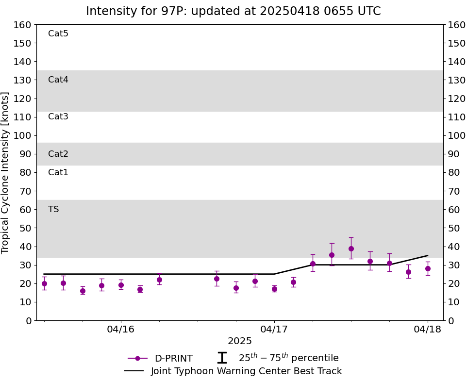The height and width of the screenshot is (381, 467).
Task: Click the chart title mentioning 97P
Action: click(233, 11)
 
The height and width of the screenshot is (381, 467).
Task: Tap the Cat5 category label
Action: click(58, 33)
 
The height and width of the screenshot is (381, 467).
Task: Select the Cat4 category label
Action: click(58, 80)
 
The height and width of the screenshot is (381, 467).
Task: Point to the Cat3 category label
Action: click(58, 116)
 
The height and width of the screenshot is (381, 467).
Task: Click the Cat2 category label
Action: click(58, 154)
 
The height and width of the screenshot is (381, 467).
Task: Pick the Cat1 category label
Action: click(58, 172)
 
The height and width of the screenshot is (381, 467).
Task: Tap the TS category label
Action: click(53, 209)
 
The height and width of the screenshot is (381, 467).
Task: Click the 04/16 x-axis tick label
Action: click(121, 330)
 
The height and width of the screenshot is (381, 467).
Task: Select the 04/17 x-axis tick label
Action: click(274, 330)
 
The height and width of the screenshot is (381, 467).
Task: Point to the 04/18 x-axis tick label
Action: click(428, 330)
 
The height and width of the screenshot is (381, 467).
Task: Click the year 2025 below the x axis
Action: click(240, 341)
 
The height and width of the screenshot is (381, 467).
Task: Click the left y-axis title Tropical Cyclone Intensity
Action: click(6, 172)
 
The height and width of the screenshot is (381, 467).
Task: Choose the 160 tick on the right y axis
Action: click(457, 25)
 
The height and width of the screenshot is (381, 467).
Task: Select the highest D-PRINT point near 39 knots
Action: click(351, 248)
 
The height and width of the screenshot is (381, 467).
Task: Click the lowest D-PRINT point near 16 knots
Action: click(83, 291)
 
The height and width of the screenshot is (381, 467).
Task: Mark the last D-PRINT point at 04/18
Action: click(428, 268)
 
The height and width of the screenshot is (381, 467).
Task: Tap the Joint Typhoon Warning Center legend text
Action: click(246, 371)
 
